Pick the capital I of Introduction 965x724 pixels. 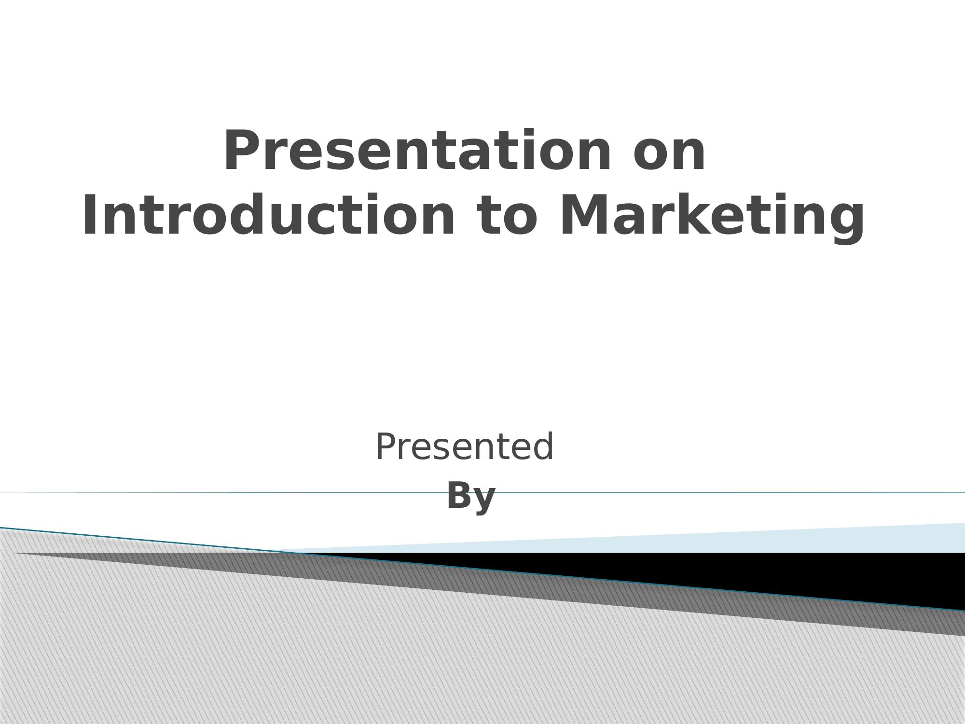[89, 216]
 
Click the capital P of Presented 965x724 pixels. [386, 447]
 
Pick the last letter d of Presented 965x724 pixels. [544, 447]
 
